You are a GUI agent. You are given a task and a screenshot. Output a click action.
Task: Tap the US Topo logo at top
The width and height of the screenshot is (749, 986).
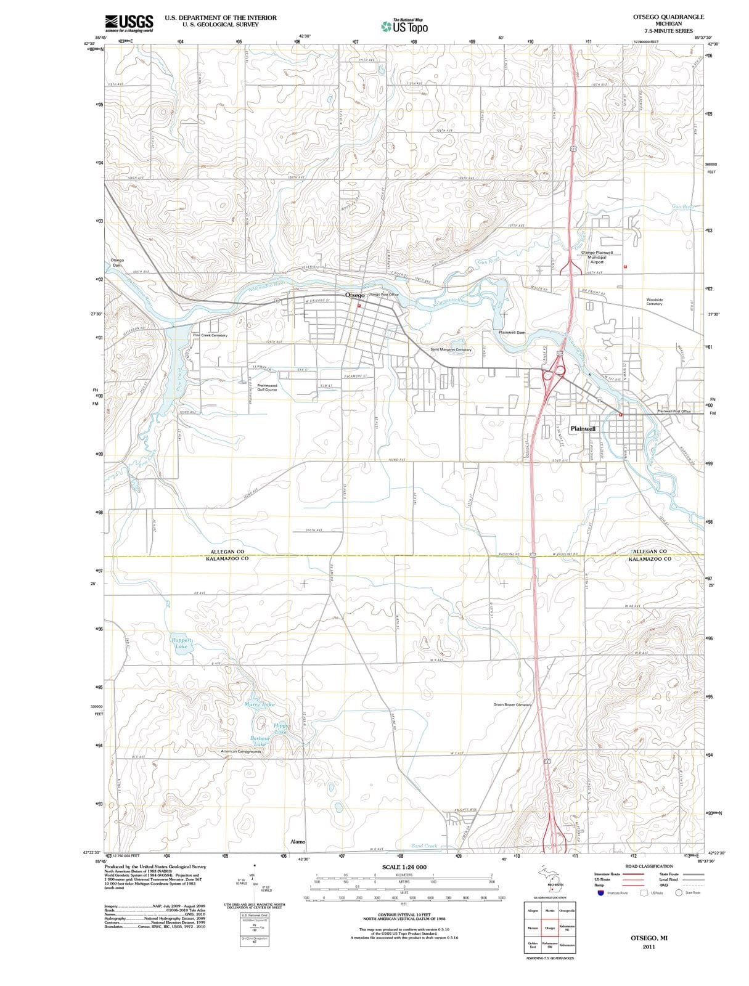(404, 26)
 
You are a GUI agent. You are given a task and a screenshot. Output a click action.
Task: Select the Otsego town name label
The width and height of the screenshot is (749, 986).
(354, 295)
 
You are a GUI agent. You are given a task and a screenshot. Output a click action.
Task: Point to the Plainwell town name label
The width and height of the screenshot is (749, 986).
(583, 428)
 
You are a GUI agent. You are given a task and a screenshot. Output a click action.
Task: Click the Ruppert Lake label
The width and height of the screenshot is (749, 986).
(181, 643)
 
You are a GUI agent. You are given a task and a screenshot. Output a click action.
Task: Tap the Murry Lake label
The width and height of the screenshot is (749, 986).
(259, 704)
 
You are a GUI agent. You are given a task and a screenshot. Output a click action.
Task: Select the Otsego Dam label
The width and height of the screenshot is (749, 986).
(117, 263)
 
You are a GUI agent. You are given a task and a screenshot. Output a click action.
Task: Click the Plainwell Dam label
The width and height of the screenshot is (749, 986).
(512, 332)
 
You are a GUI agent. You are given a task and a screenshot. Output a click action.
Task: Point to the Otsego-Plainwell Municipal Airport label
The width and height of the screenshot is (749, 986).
(596, 257)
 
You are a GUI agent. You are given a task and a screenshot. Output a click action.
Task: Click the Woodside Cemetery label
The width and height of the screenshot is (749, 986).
(654, 301)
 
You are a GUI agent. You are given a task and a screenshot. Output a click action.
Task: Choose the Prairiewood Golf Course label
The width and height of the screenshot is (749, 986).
(267, 388)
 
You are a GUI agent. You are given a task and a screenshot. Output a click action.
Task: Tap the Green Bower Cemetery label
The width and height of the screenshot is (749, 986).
(512, 704)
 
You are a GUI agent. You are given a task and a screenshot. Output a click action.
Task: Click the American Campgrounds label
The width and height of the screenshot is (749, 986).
(241, 751)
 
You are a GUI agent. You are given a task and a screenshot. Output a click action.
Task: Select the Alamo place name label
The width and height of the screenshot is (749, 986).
(298, 841)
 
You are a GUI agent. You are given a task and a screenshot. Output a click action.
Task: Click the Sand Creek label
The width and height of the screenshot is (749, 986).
(424, 846)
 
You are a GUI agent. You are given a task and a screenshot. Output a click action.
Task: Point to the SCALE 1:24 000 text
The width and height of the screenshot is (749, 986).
(404, 867)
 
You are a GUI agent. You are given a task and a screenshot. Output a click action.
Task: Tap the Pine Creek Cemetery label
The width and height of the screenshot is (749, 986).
(210, 335)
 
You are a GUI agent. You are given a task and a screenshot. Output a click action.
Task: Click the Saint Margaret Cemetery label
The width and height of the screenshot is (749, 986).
(451, 349)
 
